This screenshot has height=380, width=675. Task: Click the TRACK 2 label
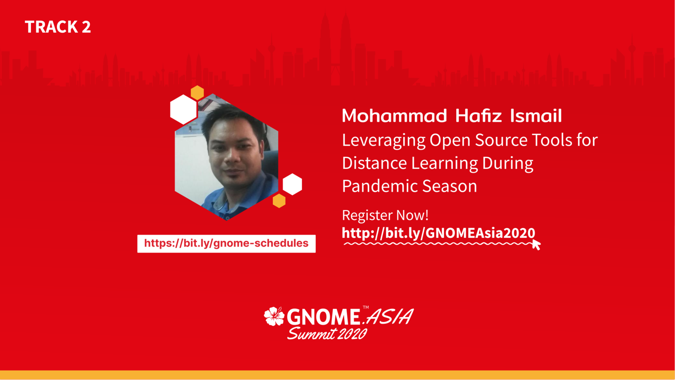(x=58, y=27)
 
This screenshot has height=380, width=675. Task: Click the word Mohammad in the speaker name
(x=394, y=116)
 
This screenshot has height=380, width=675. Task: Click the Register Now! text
(x=385, y=215)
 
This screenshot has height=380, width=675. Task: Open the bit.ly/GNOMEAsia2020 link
(x=439, y=233)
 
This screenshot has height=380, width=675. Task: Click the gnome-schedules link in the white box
(x=226, y=243)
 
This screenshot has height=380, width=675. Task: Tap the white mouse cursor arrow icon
(x=536, y=245)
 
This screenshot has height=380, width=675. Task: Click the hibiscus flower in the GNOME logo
(x=274, y=316)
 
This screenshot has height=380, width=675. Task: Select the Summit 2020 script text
(x=327, y=333)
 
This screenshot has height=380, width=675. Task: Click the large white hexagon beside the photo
(x=183, y=110)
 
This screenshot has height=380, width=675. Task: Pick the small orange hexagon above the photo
(x=197, y=93)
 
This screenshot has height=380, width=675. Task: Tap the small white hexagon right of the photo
(x=292, y=184)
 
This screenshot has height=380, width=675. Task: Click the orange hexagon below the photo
(x=279, y=201)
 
